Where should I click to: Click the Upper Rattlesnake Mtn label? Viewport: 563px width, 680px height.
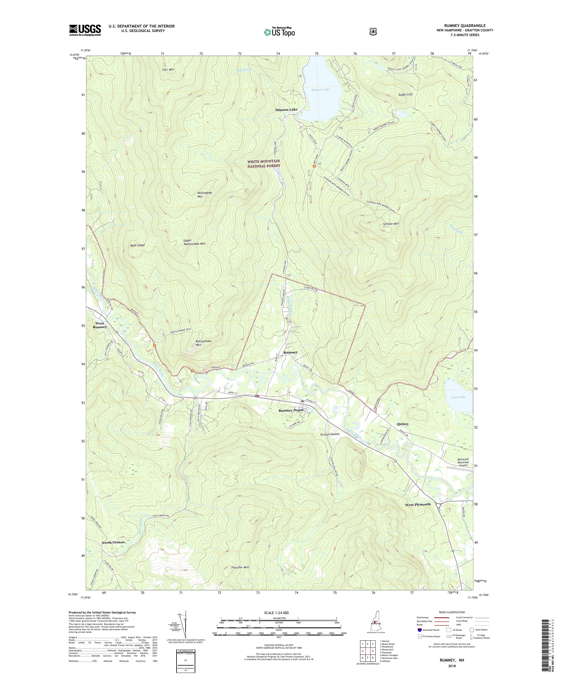pos(194,242)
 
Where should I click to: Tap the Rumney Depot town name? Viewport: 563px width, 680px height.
pos(291,410)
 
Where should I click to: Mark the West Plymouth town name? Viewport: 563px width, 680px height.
pos(418,504)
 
